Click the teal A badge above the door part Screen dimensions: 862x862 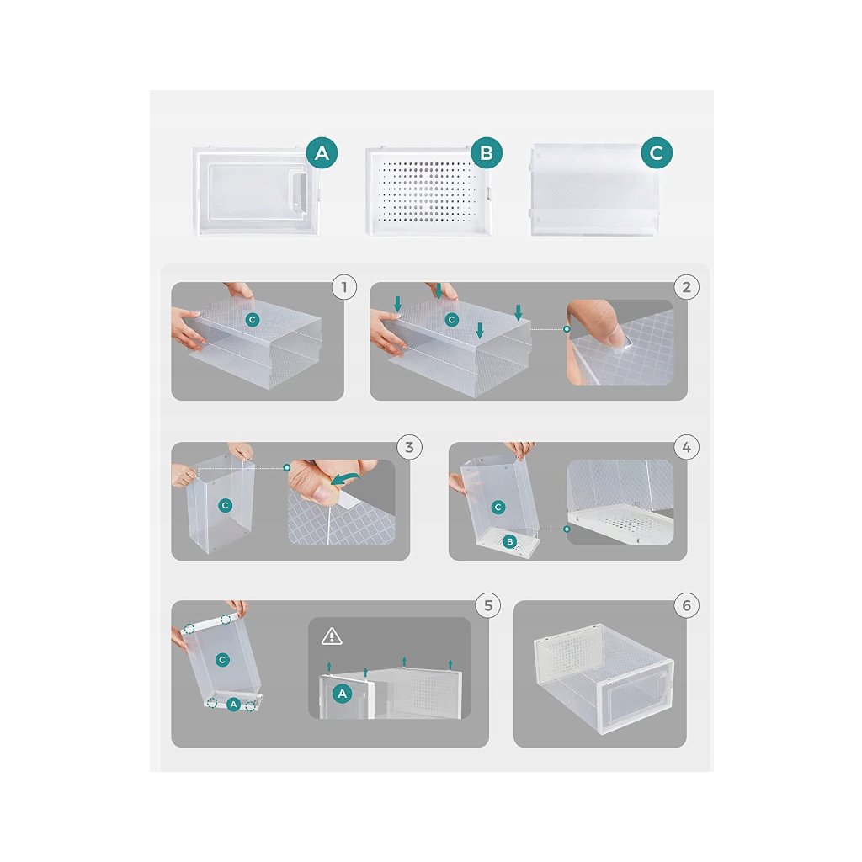(x=322, y=152)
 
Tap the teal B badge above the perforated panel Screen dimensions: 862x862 (x=487, y=152)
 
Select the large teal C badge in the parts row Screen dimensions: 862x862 (x=657, y=152)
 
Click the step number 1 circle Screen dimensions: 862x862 (x=344, y=287)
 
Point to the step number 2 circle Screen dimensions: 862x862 (x=687, y=287)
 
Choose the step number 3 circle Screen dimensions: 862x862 (x=409, y=447)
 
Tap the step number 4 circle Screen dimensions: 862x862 (x=687, y=447)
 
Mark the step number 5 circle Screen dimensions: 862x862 (x=488, y=605)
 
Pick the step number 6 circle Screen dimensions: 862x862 (x=687, y=605)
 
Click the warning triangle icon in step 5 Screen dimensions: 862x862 (x=332, y=636)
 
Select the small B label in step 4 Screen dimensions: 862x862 (x=509, y=541)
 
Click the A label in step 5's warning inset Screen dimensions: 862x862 (x=342, y=694)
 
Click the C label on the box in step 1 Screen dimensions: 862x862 (x=253, y=319)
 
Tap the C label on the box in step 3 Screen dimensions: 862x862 (x=225, y=505)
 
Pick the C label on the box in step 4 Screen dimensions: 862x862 (x=498, y=507)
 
